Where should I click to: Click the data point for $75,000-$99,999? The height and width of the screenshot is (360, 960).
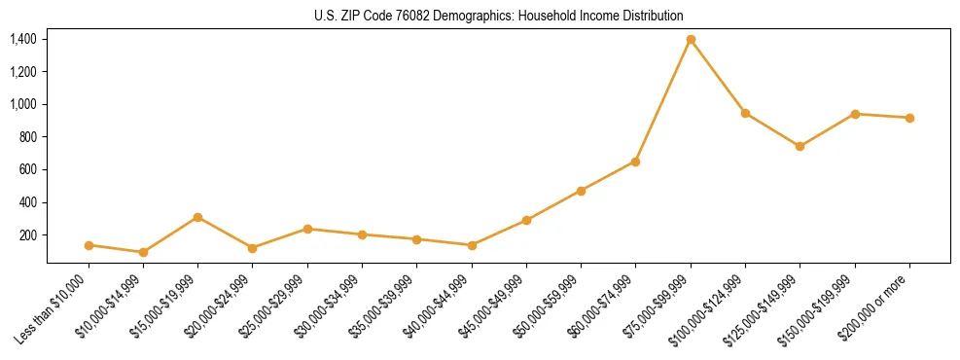click(691, 39)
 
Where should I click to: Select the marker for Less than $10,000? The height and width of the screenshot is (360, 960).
click(89, 245)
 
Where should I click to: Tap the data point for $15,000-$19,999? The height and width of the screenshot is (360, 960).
click(198, 217)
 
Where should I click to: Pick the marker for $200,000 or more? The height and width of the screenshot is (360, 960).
click(909, 118)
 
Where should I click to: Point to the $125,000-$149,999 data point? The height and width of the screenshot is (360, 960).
click(800, 147)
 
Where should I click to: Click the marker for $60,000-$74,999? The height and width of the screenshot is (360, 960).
click(635, 162)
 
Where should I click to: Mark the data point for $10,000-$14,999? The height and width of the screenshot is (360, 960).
click(143, 252)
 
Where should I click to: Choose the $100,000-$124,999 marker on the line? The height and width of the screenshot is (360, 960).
click(745, 113)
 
